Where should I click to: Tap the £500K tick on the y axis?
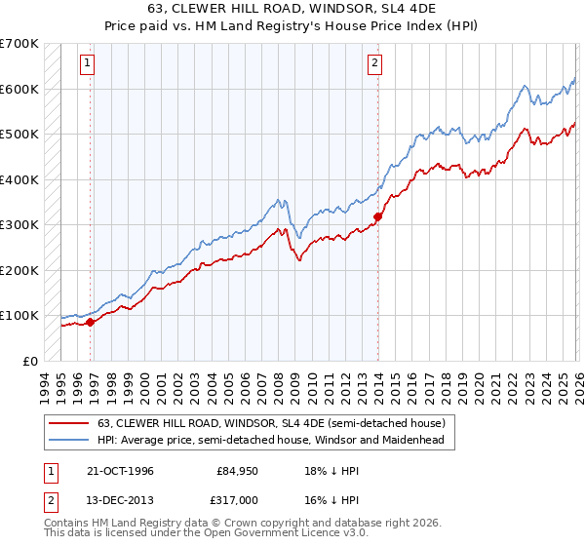click(x=19, y=135)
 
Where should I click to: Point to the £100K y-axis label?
click(x=19, y=316)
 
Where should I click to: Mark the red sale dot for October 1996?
click(x=91, y=322)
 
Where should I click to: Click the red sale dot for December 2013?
click(x=377, y=216)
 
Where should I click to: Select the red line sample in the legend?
click(x=69, y=423)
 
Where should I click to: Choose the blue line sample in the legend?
click(x=69, y=440)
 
